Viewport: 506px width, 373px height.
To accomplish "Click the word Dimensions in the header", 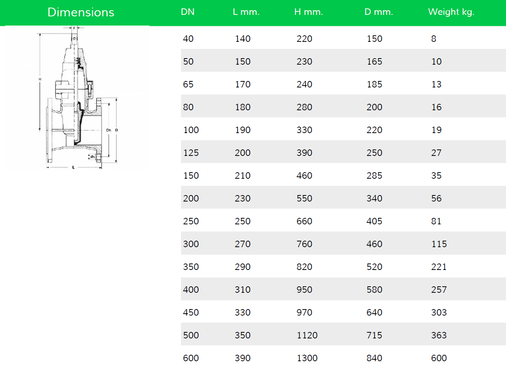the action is pyautogui.click(x=81, y=12).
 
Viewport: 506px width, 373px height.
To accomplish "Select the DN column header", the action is pyautogui.click(x=187, y=12).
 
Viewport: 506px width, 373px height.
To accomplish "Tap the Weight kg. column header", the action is pyautogui.click(x=451, y=12).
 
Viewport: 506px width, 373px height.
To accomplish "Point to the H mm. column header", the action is pyautogui.click(x=309, y=12).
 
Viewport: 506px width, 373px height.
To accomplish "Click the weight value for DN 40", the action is pyautogui.click(x=433, y=39).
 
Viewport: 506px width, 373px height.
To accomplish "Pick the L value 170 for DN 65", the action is pyautogui.click(x=243, y=84).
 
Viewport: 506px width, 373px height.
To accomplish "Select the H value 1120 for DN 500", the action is pyautogui.click(x=307, y=335).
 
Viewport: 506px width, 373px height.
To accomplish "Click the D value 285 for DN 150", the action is pyautogui.click(x=374, y=176).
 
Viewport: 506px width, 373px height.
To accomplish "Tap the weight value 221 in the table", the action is pyautogui.click(x=439, y=267).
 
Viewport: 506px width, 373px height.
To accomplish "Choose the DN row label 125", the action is pyautogui.click(x=191, y=153).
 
